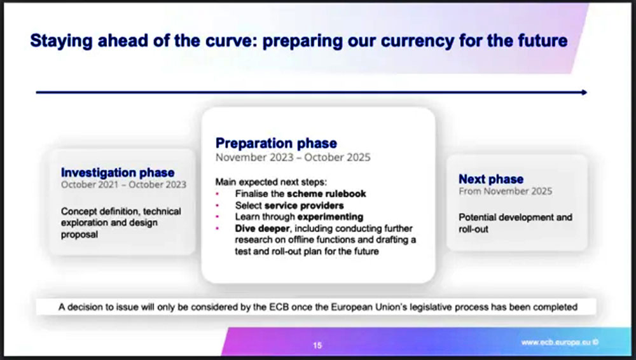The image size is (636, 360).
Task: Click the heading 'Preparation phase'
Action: [276, 143]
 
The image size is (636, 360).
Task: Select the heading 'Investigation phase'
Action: [118, 172]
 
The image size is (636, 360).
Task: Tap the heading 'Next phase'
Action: [491, 179]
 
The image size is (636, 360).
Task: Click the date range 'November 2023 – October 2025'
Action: [293, 158]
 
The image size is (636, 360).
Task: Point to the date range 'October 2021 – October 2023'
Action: [124, 184]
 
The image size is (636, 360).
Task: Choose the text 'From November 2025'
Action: [506, 191]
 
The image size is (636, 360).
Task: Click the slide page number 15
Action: [317, 345]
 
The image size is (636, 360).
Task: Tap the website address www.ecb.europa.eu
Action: [556, 343]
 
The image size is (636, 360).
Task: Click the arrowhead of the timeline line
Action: [584, 92]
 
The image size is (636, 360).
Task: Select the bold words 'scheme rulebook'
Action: [326, 193]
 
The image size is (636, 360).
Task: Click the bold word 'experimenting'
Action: [331, 217]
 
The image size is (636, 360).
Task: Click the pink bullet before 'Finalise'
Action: [218, 194]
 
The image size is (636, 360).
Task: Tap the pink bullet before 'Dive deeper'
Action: [218, 228]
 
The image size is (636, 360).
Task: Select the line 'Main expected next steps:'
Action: [271, 182]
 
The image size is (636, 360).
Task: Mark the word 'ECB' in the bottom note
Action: [279, 307]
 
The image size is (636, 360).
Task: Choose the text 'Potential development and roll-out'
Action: [516, 223]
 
